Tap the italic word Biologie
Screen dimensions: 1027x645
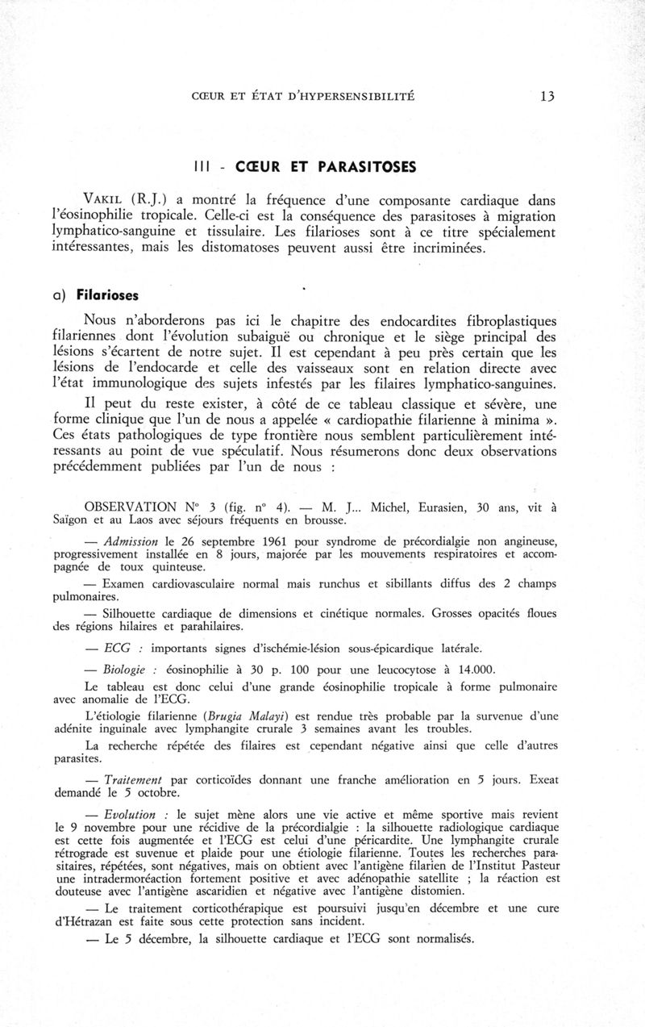point(126,670)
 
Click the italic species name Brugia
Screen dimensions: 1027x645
point(230,716)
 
